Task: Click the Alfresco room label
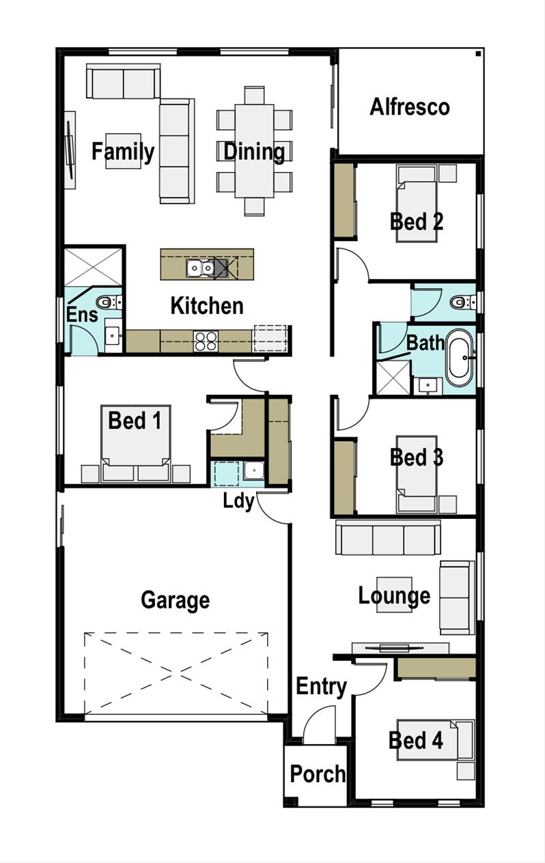click(410, 107)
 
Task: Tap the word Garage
click(175, 600)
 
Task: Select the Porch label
click(318, 774)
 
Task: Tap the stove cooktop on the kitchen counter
click(206, 341)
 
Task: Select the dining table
click(254, 150)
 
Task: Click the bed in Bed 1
click(136, 444)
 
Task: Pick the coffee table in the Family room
click(123, 151)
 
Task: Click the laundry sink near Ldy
click(254, 471)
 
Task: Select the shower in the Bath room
click(394, 378)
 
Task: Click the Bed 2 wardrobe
click(344, 201)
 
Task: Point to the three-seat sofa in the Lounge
click(388, 538)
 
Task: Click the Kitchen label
click(206, 306)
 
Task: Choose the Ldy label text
click(238, 500)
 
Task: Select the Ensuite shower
click(94, 267)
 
